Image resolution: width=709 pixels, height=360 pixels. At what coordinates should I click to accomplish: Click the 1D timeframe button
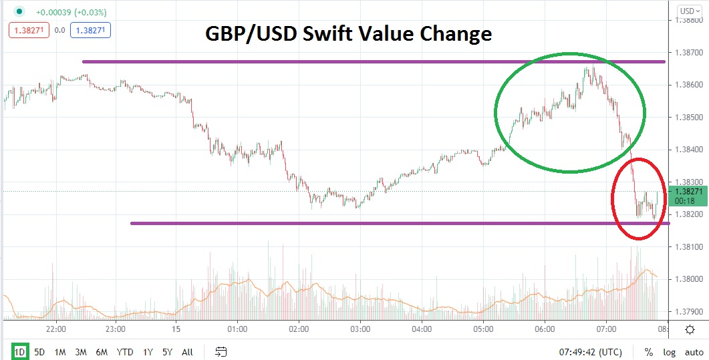pyautogui.click(x=20, y=352)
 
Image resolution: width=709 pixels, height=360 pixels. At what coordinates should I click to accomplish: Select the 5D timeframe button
pyautogui.click(x=39, y=352)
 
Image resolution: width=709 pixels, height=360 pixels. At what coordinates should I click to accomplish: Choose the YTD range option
pyautogui.click(x=124, y=352)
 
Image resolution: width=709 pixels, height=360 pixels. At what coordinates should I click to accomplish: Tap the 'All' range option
pyautogui.click(x=187, y=352)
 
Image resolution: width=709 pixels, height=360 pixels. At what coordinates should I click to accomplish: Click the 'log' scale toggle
pyautogui.click(x=669, y=352)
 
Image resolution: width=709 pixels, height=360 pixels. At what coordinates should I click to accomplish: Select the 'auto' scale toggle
pyautogui.click(x=694, y=352)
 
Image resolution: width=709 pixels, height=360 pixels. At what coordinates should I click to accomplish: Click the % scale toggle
pyautogui.click(x=648, y=352)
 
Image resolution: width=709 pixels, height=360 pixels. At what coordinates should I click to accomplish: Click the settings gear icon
pyautogui.click(x=691, y=329)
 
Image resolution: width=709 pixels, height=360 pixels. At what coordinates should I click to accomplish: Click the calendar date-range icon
pyautogui.click(x=222, y=352)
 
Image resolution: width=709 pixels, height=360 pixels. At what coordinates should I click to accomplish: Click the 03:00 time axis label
pyautogui.click(x=360, y=329)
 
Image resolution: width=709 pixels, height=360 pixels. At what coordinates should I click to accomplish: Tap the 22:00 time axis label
pyautogui.click(x=56, y=329)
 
